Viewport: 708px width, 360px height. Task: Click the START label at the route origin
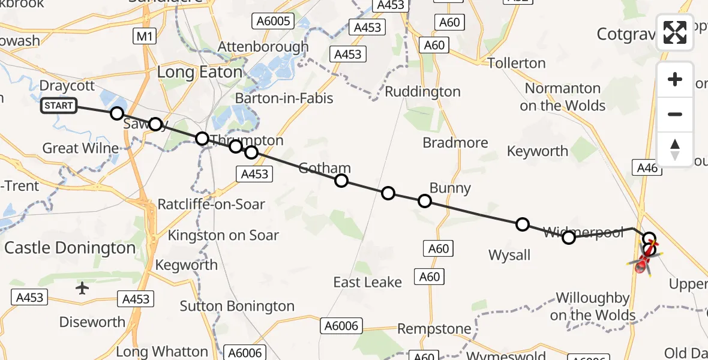pos(59,106)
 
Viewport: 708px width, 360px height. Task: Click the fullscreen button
pos(675,32)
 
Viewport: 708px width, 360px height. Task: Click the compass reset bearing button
pos(675,149)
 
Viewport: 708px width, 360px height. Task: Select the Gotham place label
pos(324,168)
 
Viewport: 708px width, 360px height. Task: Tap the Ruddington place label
pos(422,92)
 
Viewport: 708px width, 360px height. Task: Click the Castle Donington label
pos(70,248)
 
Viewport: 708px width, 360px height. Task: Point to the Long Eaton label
pos(200,73)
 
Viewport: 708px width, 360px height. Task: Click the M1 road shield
pos(145,37)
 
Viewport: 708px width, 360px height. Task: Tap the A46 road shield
pos(647,168)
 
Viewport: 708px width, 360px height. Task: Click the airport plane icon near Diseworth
pos(82,289)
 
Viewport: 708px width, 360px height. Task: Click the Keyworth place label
pos(537,151)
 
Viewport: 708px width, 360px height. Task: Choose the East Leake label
pos(368,282)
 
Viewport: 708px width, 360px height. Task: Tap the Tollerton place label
pos(517,63)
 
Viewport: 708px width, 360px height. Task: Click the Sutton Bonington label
pos(237,307)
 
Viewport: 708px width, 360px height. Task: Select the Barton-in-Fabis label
pos(284,98)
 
